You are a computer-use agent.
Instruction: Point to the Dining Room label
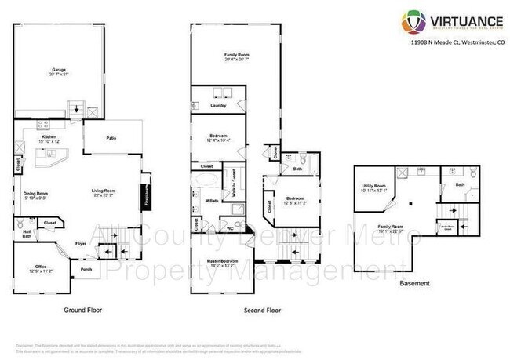35,193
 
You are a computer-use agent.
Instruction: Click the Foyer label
81,243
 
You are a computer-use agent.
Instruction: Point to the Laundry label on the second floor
219,104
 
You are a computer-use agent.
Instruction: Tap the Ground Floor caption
82,310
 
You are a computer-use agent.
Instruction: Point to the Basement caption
415,282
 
